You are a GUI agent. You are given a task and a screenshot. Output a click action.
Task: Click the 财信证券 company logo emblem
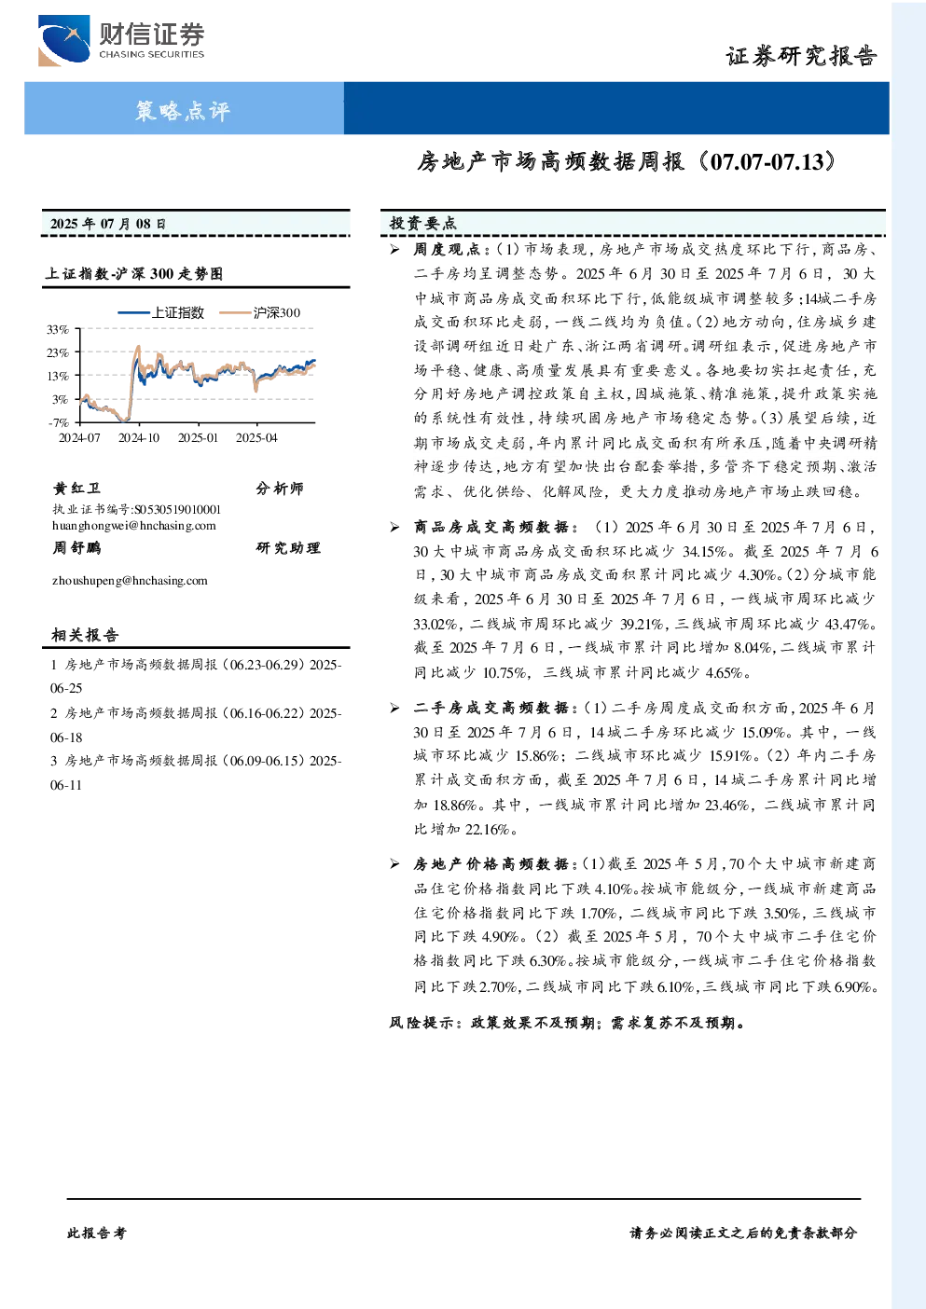pyautogui.click(x=63, y=40)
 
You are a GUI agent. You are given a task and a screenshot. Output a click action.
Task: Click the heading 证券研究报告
pyautogui.click(x=801, y=57)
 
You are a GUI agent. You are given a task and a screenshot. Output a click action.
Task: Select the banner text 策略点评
pyautogui.click(x=183, y=110)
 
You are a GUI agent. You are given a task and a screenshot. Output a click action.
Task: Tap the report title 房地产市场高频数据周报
pyautogui.click(x=550, y=161)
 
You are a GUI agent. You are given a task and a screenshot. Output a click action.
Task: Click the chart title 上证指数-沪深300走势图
pyautogui.click(x=134, y=273)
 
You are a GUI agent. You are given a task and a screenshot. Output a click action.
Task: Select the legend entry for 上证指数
pyautogui.click(x=160, y=312)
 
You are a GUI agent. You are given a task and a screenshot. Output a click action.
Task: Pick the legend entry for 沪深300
pyautogui.click(x=260, y=312)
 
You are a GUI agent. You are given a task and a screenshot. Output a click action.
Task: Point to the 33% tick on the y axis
pyautogui.click(x=58, y=330)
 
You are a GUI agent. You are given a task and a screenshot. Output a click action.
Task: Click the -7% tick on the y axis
pyautogui.click(x=59, y=422)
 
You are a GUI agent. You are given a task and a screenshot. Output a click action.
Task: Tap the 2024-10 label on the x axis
pyautogui.click(x=139, y=437)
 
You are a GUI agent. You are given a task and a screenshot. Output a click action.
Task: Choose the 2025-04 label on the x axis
pyautogui.click(x=256, y=437)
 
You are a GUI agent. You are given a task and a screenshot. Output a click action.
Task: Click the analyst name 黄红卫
pyautogui.click(x=76, y=489)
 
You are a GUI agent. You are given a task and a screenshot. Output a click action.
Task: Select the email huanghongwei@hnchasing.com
pyautogui.click(x=134, y=526)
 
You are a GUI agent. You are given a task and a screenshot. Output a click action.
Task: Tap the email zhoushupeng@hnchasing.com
pyautogui.click(x=130, y=581)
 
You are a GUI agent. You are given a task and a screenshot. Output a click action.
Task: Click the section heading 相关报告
pyautogui.click(x=85, y=635)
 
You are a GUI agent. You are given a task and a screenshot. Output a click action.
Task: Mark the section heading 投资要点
pyautogui.click(x=423, y=223)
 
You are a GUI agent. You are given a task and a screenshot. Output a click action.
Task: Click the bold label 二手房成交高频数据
pyautogui.click(x=491, y=709)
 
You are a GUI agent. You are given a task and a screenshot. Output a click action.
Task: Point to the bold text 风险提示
pyautogui.click(x=422, y=1023)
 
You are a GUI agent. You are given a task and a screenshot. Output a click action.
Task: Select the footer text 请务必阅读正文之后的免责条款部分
pyautogui.click(x=743, y=1233)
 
